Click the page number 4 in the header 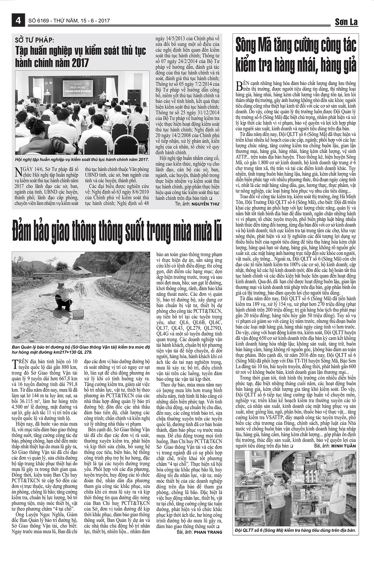(x=18, y=21)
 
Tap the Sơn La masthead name (x=346, y=22)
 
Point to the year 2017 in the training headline (x=79, y=63)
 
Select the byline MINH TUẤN (x=343, y=446)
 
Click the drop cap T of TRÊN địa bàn (x=17, y=363)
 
